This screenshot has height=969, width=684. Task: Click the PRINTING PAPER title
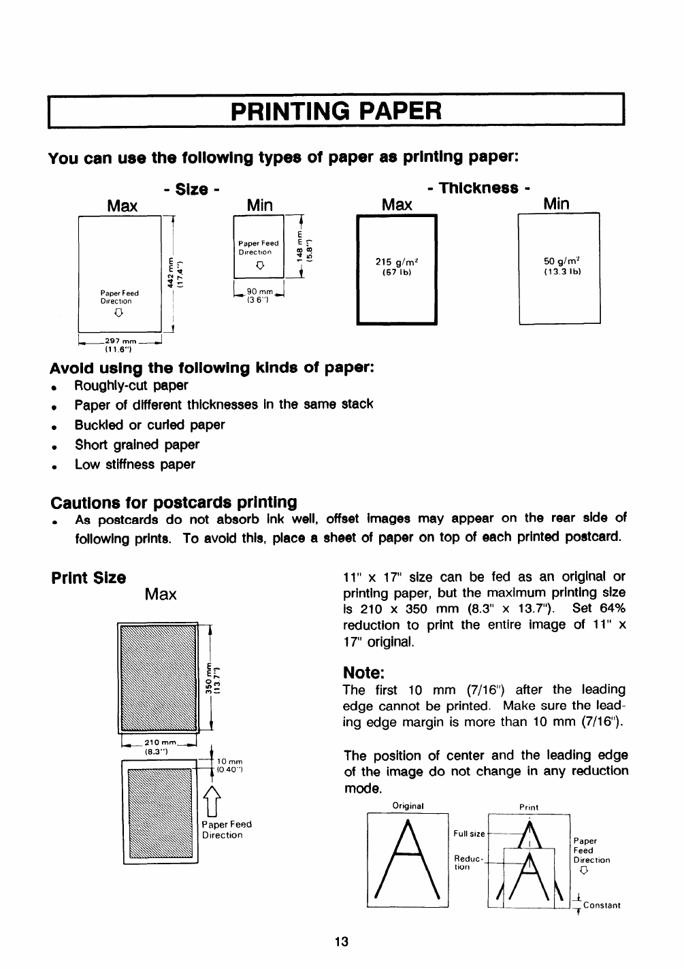336,110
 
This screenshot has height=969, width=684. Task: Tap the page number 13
341,942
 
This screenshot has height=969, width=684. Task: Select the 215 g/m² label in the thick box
397,262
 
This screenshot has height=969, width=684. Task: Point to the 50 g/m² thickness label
560,262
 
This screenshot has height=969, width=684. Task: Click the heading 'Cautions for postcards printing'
174,502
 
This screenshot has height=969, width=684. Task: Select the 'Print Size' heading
88,578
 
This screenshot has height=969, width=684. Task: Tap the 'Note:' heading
364,672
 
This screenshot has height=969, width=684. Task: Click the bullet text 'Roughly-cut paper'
131,385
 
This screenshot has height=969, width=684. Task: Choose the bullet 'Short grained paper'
137,445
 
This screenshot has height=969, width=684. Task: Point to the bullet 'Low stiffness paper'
135,465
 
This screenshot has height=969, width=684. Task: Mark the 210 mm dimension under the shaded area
159,742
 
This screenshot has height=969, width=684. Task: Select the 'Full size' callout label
469,834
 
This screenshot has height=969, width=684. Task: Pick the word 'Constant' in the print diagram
601,905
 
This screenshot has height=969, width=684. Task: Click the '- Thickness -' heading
477,188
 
